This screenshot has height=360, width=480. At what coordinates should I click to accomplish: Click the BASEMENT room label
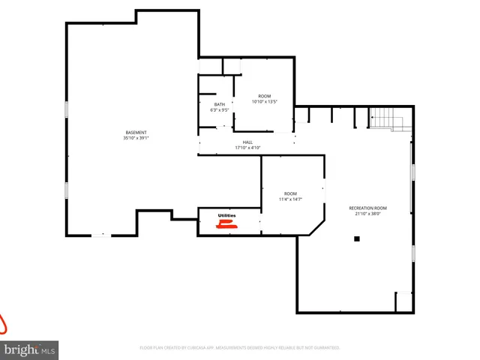click(136, 133)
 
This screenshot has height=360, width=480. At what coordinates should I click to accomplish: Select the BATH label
click(219, 104)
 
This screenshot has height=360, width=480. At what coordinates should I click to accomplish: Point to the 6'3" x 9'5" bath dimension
click(219, 110)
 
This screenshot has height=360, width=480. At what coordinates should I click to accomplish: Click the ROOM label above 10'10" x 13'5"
click(264, 96)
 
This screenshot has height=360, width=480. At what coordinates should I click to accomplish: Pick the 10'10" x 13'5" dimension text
click(264, 102)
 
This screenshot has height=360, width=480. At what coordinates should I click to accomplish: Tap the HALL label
click(247, 142)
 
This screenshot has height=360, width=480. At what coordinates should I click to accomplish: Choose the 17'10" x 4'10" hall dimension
click(247, 148)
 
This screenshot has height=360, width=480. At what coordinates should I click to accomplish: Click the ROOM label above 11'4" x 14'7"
click(290, 193)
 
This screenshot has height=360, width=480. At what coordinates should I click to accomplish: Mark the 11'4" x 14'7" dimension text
click(290, 199)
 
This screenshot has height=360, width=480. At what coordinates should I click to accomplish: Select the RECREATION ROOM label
click(368, 208)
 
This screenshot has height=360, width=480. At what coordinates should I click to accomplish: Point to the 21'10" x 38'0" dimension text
click(368, 214)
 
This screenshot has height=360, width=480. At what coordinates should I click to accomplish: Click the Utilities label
click(226, 216)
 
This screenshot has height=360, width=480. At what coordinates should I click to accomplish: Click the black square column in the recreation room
click(357, 239)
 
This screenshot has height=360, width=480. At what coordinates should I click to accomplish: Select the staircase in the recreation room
click(382, 118)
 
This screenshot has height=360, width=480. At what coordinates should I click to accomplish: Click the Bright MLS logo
click(30, 349)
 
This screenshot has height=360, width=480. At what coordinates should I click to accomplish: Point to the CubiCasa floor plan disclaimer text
click(240, 348)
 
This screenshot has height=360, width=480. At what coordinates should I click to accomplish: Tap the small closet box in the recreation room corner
click(404, 301)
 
